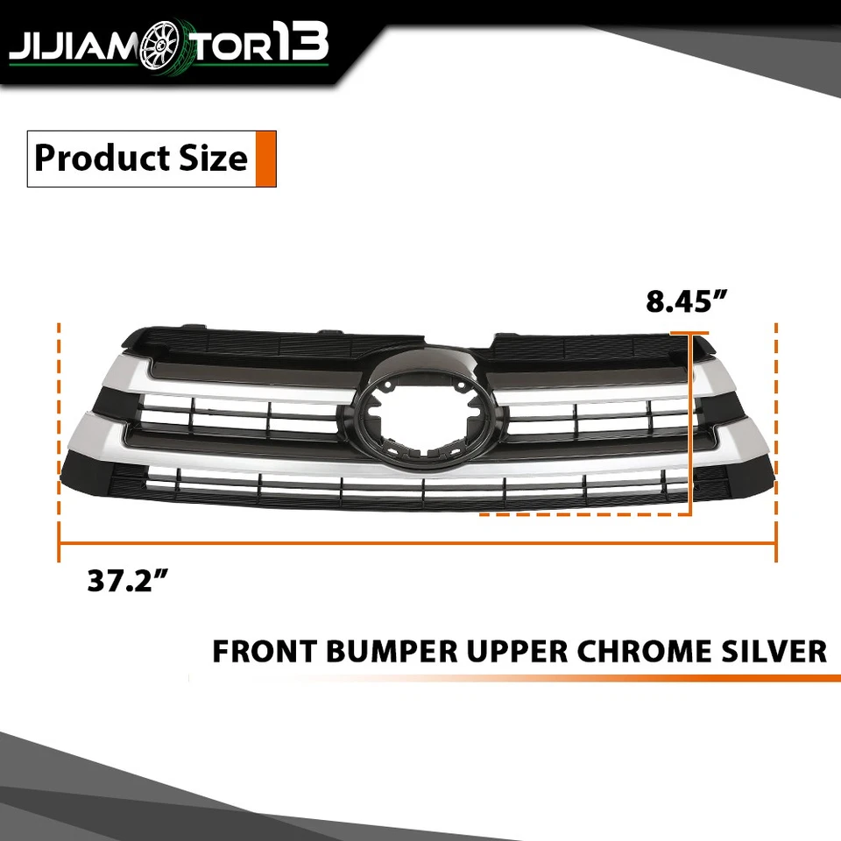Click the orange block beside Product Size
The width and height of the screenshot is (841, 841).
coord(266,159)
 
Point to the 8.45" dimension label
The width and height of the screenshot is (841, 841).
coord(687,302)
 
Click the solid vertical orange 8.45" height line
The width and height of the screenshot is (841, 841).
coord(692,420)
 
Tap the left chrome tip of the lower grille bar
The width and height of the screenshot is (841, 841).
coord(83,434)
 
